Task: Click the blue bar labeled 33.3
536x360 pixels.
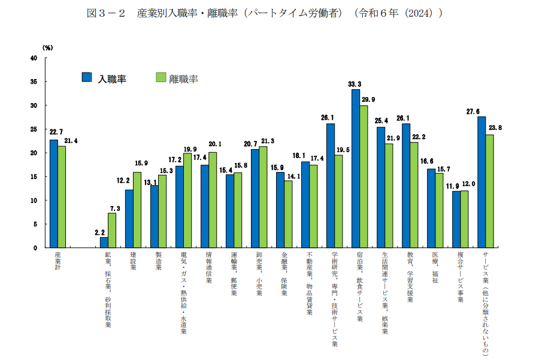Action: pos(355,168)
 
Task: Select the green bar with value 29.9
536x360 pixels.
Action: pos(364,176)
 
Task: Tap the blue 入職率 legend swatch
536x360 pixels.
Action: pos(87,77)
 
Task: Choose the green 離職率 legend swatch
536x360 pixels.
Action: pos(161,77)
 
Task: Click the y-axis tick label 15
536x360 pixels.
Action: pos(34,177)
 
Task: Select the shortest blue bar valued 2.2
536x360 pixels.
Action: pos(104,243)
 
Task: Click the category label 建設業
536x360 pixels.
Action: pos(133,261)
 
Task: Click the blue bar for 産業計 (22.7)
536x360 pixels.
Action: pos(54,193)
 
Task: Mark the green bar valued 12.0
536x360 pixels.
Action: pos(464,219)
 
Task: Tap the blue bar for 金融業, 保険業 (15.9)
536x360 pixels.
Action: pos(280,210)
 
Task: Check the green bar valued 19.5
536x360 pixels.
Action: pos(338,201)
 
